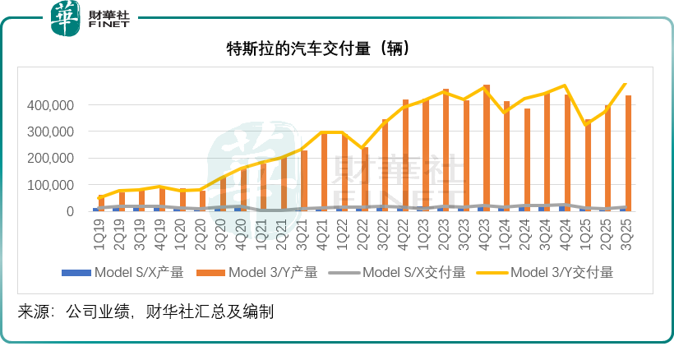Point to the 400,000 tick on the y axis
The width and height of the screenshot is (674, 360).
(52, 105)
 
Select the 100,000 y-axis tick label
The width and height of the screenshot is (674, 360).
(52, 185)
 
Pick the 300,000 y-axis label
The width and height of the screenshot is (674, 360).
(52, 132)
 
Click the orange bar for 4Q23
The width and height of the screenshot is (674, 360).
(487, 148)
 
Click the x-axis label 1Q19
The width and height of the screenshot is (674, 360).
(99, 231)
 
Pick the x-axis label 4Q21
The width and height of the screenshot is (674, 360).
(321, 231)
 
